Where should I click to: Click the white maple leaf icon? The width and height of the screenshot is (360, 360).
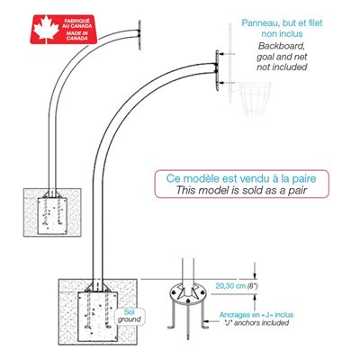coord(46,29)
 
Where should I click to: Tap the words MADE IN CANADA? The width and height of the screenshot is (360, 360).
coord(76,36)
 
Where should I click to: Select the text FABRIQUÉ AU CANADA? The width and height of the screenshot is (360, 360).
coord(77,23)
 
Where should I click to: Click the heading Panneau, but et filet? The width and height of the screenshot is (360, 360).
coord(282,22)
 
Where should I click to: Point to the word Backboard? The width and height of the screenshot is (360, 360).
coord(282,46)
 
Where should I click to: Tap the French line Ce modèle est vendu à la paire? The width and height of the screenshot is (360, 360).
coord(241,178)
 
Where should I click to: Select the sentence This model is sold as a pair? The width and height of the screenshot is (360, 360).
coord(241,190)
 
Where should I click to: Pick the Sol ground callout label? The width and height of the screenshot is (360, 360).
coord(130,316)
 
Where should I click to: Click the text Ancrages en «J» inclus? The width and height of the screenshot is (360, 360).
coord(256,315)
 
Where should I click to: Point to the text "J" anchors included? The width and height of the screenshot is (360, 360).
coord(256,323)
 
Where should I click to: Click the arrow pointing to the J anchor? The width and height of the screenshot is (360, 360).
coord(213,322)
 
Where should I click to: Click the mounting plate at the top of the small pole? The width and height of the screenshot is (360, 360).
coord(139,35)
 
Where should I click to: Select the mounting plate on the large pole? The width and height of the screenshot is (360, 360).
coord(217,70)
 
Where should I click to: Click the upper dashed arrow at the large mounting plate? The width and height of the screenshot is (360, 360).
coord(227,54)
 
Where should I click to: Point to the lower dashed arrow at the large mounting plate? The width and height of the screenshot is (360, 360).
coord(227,82)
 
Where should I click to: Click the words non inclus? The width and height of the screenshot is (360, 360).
coord(282,34)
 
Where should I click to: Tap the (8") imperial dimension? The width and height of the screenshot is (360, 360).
coord(252,286)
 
